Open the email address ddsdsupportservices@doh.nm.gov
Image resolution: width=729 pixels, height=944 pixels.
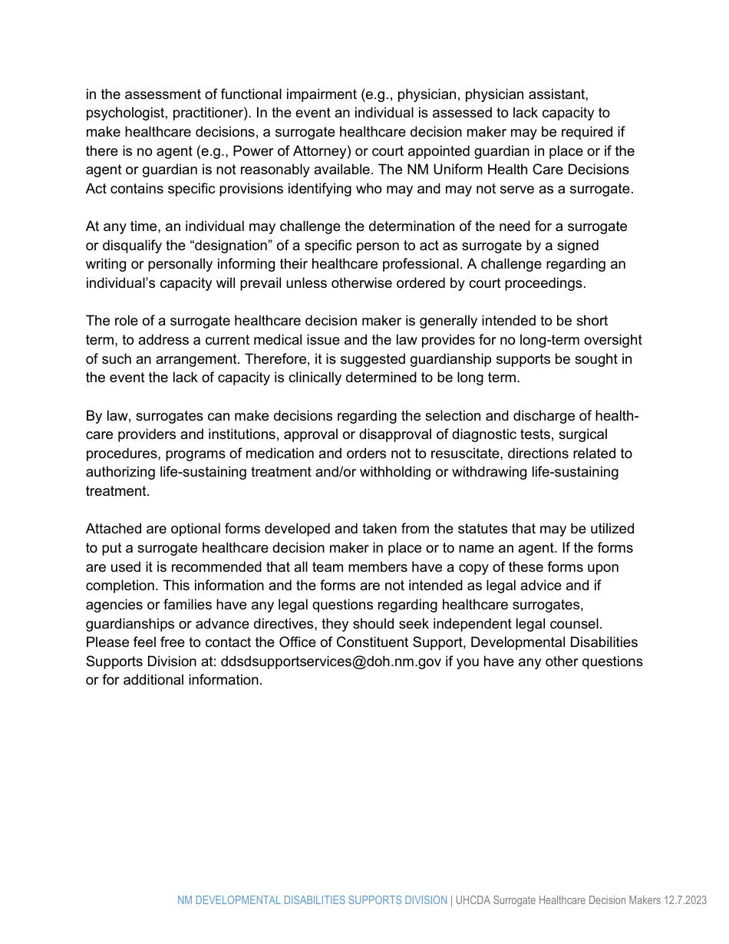coord(331,662)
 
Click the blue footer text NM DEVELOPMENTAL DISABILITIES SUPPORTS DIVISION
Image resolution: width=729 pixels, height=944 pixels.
coord(312,900)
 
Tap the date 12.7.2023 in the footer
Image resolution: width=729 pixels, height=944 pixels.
coord(685,900)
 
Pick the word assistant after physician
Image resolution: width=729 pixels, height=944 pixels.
coord(558,94)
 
